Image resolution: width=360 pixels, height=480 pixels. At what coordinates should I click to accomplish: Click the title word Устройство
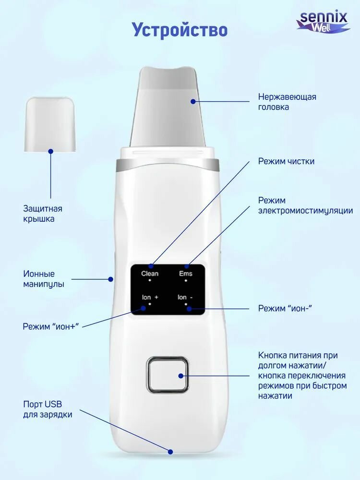(x=180, y=30)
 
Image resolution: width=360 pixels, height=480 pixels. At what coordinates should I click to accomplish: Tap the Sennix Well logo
(x=323, y=22)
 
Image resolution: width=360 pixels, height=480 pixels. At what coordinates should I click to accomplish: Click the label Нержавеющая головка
(x=287, y=102)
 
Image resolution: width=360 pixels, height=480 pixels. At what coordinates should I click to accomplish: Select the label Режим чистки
(x=286, y=161)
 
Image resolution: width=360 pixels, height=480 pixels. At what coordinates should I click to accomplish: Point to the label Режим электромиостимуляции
(x=305, y=205)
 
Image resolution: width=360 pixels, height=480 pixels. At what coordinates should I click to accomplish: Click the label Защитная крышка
(x=43, y=214)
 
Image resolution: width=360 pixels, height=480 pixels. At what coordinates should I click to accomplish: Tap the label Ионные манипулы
(x=44, y=279)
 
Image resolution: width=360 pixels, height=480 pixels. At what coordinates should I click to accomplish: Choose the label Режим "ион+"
(x=50, y=326)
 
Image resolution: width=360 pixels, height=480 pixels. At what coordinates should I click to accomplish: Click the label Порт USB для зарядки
(x=48, y=408)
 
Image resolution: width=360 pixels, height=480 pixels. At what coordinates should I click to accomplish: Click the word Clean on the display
(x=150, y=274)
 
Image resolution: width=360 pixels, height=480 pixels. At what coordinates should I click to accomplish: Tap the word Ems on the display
(x=185, y=274)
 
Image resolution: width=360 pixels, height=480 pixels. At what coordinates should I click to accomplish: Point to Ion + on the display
(x=150, y=298)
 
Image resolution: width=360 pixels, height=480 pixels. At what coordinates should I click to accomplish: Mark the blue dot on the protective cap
(x=50, y=151)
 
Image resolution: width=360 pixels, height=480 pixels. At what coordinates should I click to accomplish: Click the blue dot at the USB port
(x=170, y=451)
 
